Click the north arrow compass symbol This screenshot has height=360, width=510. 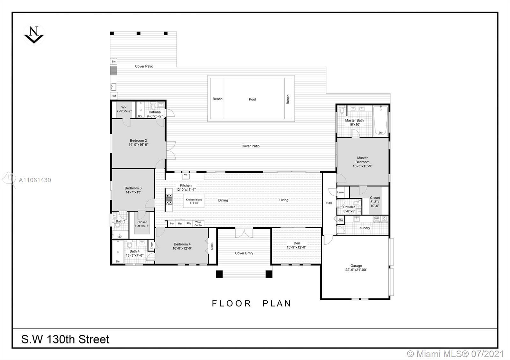pos(34,35)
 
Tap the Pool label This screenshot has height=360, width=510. pos(252,99)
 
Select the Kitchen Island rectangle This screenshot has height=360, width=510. pos(194,201)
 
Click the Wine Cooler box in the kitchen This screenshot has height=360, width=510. pos(198,224)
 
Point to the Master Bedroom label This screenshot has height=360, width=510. pos(362,162)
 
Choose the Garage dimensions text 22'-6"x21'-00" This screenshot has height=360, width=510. pos(356,270)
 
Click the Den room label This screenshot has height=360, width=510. pos(297,243)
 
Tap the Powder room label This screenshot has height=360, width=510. pos(349,207)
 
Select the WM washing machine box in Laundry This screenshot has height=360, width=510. pos(377,219)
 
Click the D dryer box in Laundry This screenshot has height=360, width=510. pos(384,219)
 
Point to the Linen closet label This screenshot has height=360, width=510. pos(340,192)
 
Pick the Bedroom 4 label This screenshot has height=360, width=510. pos(182,244)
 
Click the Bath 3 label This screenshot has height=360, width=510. pos(120,221)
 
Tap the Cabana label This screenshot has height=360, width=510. pos(155,112)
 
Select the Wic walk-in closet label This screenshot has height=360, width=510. pos(124,107)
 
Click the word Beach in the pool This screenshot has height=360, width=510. pos(217,99)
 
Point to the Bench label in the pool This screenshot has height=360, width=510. pos(288,99)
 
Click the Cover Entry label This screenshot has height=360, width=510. pos(244,253)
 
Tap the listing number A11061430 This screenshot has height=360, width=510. pos(35,180)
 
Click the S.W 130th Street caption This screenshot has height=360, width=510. pos(65,339)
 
